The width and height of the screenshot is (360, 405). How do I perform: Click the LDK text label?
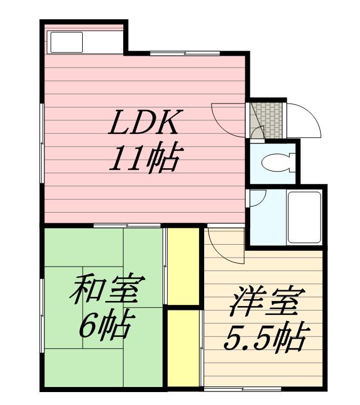tap(145, 123)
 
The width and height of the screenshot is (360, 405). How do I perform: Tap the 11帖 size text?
tap(145, 159)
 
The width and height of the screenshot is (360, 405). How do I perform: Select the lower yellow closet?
tap(184, 349)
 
